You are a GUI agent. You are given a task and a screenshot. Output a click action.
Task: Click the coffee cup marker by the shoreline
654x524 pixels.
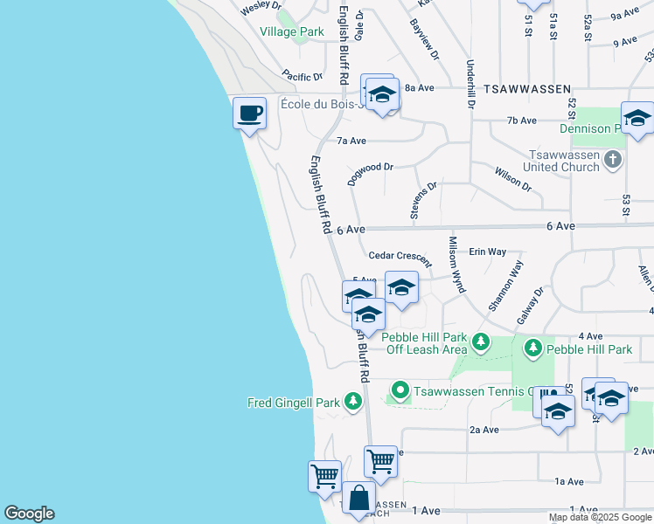249,113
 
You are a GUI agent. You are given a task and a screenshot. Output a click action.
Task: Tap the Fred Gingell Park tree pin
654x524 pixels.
352,402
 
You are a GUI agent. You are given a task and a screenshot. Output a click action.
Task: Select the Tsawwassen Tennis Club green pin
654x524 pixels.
400,390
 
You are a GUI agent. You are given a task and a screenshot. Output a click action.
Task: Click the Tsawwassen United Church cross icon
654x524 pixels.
613,160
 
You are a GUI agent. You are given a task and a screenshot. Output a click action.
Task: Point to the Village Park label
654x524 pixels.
292,31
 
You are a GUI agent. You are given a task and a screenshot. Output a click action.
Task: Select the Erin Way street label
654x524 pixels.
488,252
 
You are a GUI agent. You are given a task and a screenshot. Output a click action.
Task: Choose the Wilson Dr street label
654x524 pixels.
513,179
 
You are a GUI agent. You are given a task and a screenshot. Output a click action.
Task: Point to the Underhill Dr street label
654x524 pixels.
470,84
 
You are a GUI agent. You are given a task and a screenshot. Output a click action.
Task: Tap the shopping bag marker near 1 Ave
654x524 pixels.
358,499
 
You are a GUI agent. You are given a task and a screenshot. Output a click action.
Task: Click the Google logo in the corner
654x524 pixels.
29,514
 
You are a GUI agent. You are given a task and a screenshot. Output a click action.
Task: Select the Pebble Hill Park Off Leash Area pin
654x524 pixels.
480,340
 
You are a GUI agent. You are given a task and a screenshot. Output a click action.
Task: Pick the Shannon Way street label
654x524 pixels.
505,286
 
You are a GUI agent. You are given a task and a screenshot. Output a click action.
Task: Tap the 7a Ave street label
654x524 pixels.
351,141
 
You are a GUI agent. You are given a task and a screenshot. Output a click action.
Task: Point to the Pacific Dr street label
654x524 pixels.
302,77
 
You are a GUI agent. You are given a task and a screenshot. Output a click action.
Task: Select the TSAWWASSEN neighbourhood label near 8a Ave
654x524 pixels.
528,89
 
